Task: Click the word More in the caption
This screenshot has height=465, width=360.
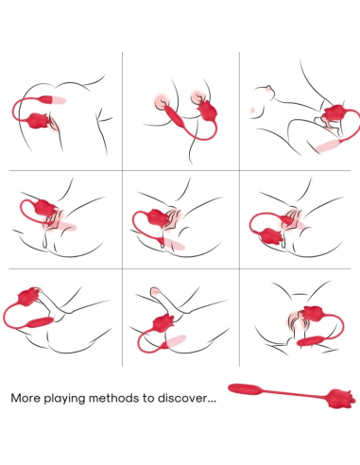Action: click(26, 399)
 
